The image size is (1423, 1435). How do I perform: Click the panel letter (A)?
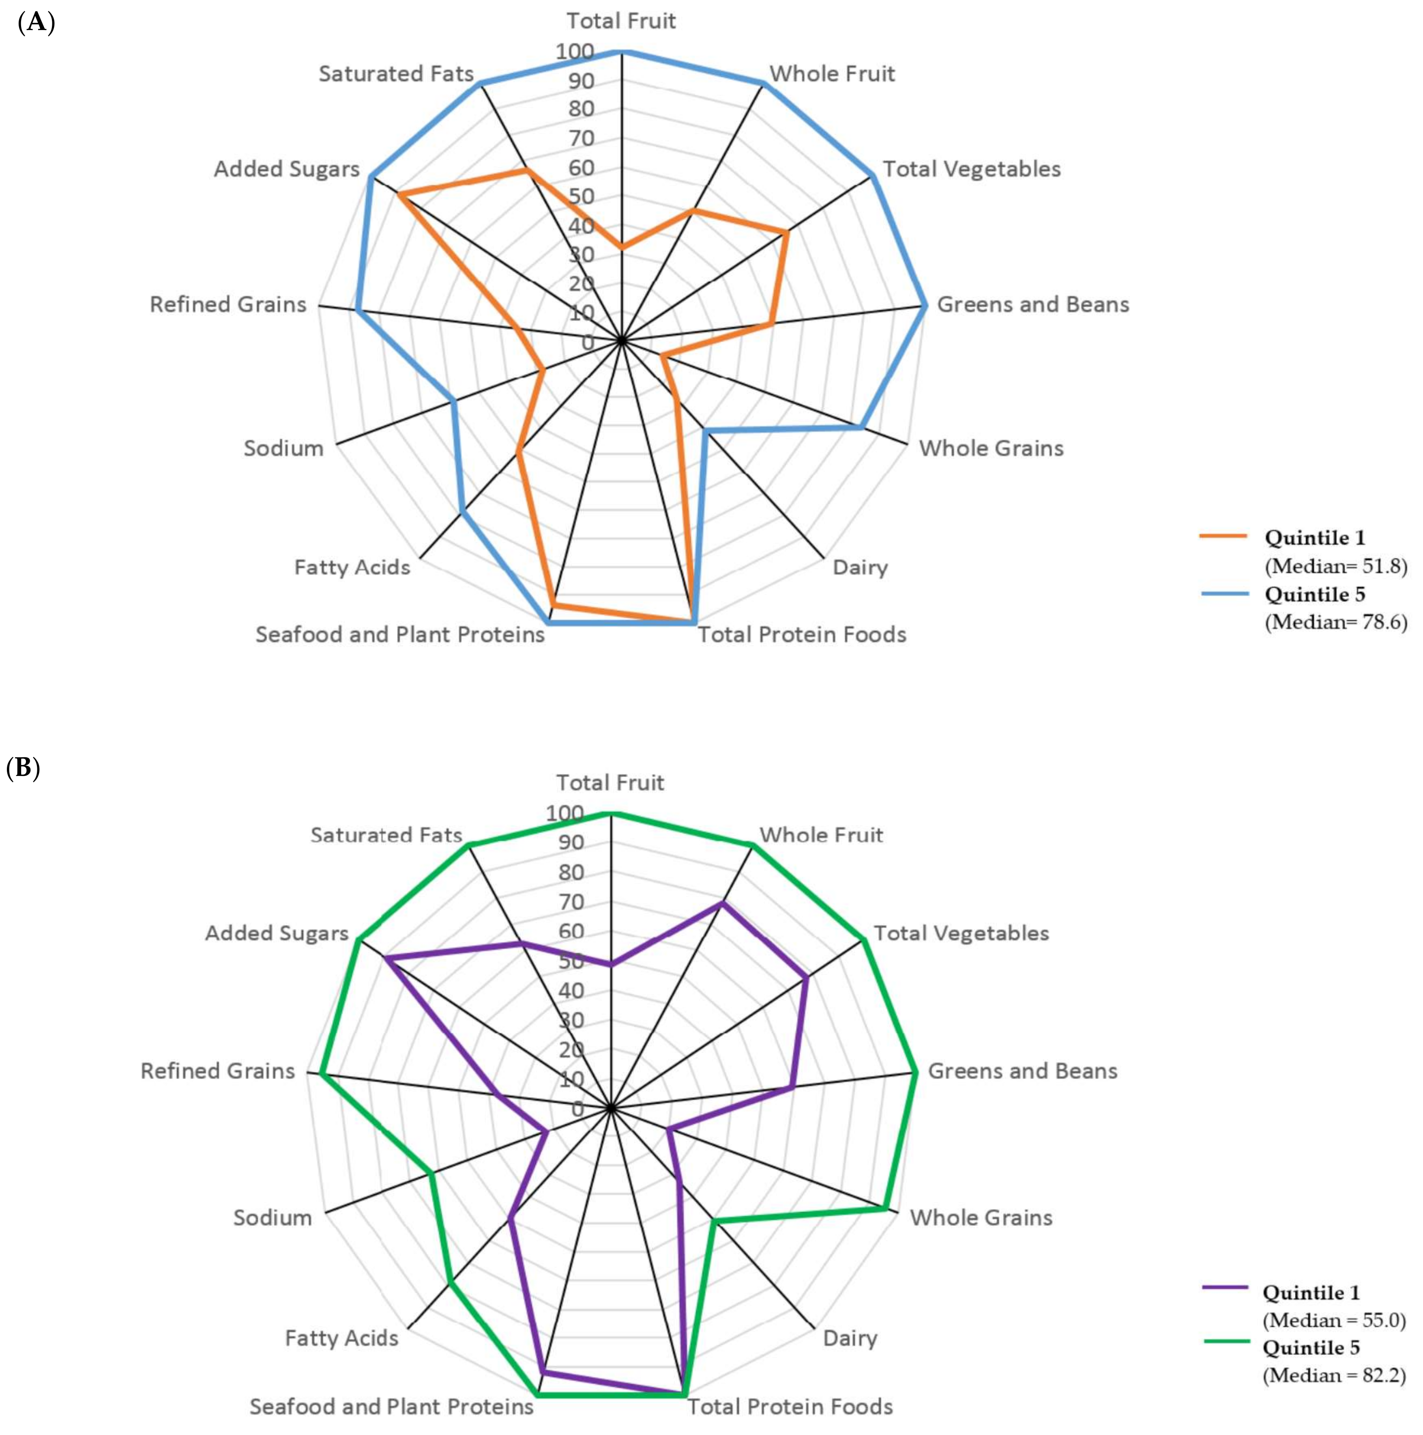click(x=36, y=23)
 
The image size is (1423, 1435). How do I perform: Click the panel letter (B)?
click(x=23, y=767)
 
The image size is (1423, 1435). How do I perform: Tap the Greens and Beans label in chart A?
click(x=1032, y=304)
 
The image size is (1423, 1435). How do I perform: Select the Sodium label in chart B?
click(x=273, y=1218)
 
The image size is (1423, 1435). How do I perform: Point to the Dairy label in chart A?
click(x=860, y=567)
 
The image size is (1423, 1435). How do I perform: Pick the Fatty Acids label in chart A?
click(x=352, y=567)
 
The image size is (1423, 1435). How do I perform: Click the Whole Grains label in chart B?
click(x=981, y=1218)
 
